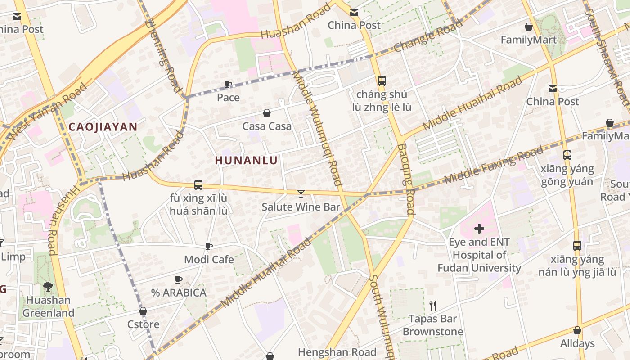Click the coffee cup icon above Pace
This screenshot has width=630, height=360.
pos(228,84)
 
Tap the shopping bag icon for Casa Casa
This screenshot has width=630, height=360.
pos(266,113)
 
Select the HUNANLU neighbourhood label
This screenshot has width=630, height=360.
pos(246,160)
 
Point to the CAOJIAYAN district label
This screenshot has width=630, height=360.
pos(103,127)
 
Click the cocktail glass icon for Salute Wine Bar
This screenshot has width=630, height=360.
pos(301,194)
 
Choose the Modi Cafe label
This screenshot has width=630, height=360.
pos(209,260)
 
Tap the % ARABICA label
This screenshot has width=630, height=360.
pos(179,293)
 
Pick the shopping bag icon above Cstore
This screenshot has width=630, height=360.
pos(143,311)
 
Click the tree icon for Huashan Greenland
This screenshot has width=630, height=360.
pos(48,287)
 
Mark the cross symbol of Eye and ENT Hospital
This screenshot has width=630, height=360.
pos(479,229)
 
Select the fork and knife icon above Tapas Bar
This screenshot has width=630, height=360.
pos(433,306)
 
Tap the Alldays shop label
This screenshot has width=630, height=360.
pos(577,344)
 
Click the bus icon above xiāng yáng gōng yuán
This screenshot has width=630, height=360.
pos(567,155)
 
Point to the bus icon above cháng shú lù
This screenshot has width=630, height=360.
pos(382,81)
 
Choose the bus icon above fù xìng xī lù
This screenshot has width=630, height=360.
pos(198,185)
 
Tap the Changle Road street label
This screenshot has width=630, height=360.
pos(428,36)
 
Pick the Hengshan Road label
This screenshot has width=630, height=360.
pos(337,352)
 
